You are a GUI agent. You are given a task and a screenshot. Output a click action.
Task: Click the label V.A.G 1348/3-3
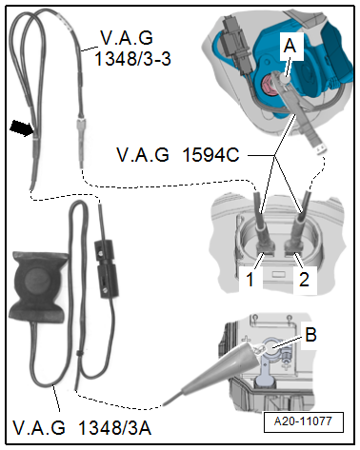click(132, 48)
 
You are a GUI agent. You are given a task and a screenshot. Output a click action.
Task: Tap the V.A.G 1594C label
click(178, 155)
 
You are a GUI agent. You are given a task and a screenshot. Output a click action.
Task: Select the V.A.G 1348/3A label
click(82, 427)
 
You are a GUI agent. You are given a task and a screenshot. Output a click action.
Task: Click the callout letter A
click(290, 46)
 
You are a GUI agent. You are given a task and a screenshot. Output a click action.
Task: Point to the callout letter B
click(310, 334)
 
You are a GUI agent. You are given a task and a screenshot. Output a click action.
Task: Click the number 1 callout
click(250, 280)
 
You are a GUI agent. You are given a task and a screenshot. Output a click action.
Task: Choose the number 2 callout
click(304, 280)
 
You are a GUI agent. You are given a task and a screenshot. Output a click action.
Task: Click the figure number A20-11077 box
click(304, 421)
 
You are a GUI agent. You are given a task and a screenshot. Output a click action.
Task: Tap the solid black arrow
click(22, 128)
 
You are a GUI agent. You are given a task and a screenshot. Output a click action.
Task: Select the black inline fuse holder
click(107, 268)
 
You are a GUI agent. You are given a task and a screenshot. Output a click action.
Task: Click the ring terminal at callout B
click(271, 346)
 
